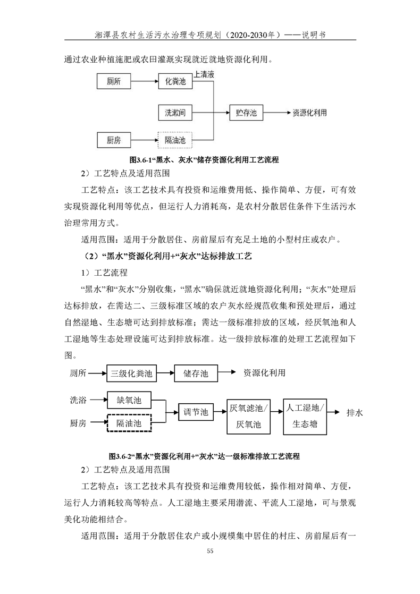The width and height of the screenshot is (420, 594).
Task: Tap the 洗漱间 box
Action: tap(175, 113)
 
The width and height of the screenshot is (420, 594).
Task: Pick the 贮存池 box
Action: tap(246, 113)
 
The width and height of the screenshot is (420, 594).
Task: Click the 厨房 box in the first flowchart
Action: tap(114, 140)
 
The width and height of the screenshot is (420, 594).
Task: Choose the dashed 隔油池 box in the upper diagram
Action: tap(175, 140)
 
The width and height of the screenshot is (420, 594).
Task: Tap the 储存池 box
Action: tap(196, 374)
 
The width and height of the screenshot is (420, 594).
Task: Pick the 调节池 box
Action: tap(195, 412)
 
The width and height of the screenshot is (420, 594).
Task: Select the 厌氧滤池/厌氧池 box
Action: tap(248, 416)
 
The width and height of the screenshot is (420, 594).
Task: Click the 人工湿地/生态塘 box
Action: tap(305, 416)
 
